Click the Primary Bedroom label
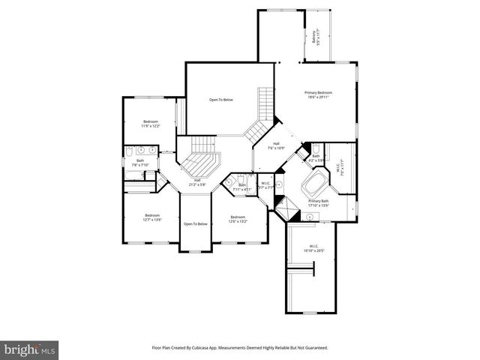[x=318, y=94]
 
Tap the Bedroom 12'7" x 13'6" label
[x=152, y=217]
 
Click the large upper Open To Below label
[x=220, y=100]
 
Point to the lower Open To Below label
[x=195, y=223]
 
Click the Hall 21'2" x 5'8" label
[x=197, y=181]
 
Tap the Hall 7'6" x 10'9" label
[x=276, y=145]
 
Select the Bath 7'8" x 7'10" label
[x=140, y=162]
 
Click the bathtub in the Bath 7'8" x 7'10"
[x=136, y=177]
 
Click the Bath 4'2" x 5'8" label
[x=316, y=157]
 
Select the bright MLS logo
[x=30, y=349]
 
